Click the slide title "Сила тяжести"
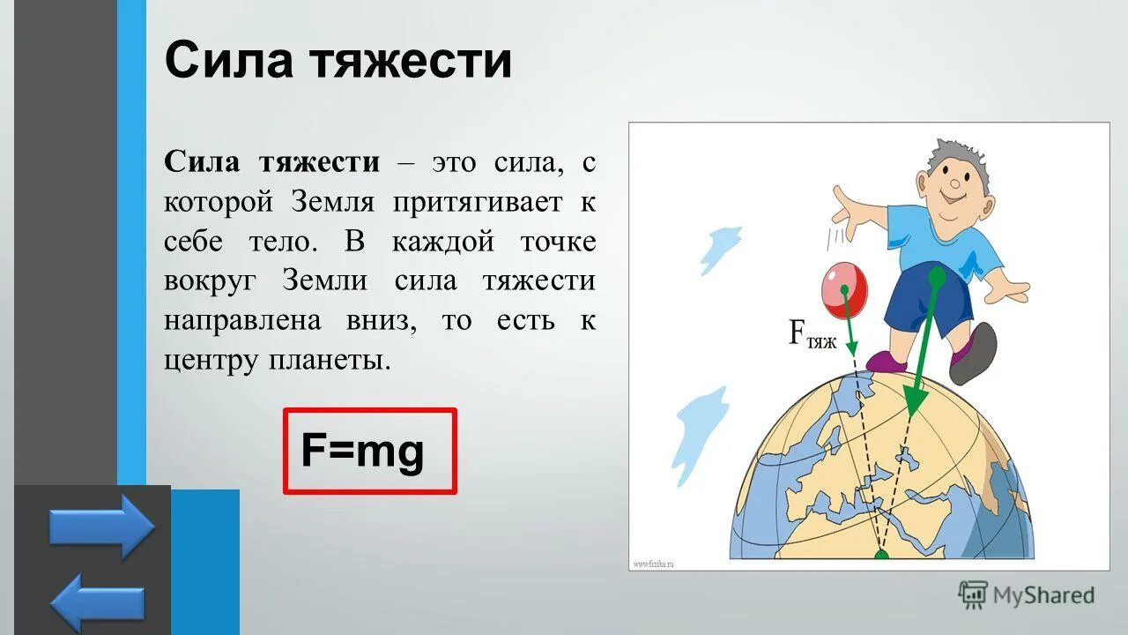coord(338,62)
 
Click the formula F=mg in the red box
coord(362,451)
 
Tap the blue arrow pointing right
coord(101,527)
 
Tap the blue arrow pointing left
coord(97,601)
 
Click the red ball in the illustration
coord(844,288)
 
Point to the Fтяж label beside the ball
coord(811,336)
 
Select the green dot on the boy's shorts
coord(937,277)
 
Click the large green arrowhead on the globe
coord(915,400)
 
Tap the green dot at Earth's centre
coord(881,556)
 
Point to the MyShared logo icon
coord(973,595)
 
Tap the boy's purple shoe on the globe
coord(887,362)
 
